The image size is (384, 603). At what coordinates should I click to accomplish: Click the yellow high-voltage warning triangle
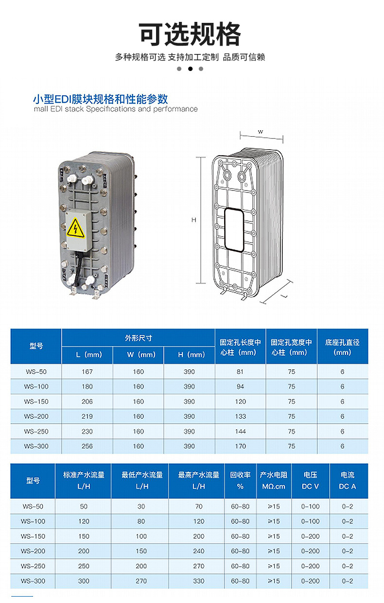76,229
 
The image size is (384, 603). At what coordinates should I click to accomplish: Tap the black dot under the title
190,69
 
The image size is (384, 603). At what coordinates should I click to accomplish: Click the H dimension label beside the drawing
194,220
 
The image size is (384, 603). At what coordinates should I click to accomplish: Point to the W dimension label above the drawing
260,132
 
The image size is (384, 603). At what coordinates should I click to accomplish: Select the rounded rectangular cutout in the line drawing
234,230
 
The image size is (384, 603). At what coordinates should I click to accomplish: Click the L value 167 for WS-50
87,372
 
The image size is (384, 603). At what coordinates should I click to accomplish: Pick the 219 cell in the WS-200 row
87,416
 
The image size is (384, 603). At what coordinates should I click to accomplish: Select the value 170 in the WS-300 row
240,446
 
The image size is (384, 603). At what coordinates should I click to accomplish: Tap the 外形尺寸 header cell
139,338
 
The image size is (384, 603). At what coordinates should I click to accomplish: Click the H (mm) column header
190,355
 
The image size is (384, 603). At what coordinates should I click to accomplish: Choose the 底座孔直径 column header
342,347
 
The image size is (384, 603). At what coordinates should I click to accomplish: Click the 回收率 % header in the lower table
240,480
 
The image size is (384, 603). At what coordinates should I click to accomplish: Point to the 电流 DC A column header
348,480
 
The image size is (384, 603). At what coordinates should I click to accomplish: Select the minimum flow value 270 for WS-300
141,581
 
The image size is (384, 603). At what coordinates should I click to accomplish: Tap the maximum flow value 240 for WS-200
199,551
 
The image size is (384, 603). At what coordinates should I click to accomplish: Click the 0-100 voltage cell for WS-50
310,507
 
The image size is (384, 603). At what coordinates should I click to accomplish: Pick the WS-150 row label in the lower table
33,536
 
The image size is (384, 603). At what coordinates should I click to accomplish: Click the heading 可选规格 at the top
190,34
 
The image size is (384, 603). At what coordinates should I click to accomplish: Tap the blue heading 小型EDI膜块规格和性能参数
101,99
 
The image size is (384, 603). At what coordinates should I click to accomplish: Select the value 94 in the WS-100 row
240,387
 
